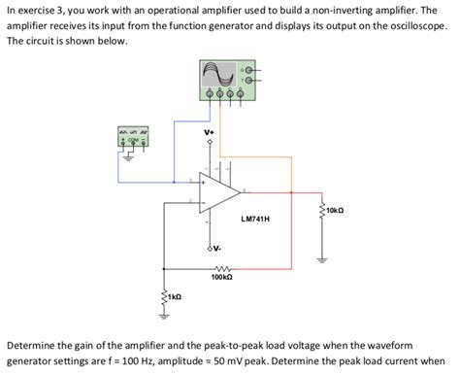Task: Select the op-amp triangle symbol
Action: pyautogui.click(x=219, y=189)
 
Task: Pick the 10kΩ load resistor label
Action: pyautogui.click(x=335, y=210)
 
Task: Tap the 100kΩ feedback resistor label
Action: pyautogui.click(x=220, y=278)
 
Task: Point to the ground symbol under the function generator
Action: pyautogui.click(x=119, y=182)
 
